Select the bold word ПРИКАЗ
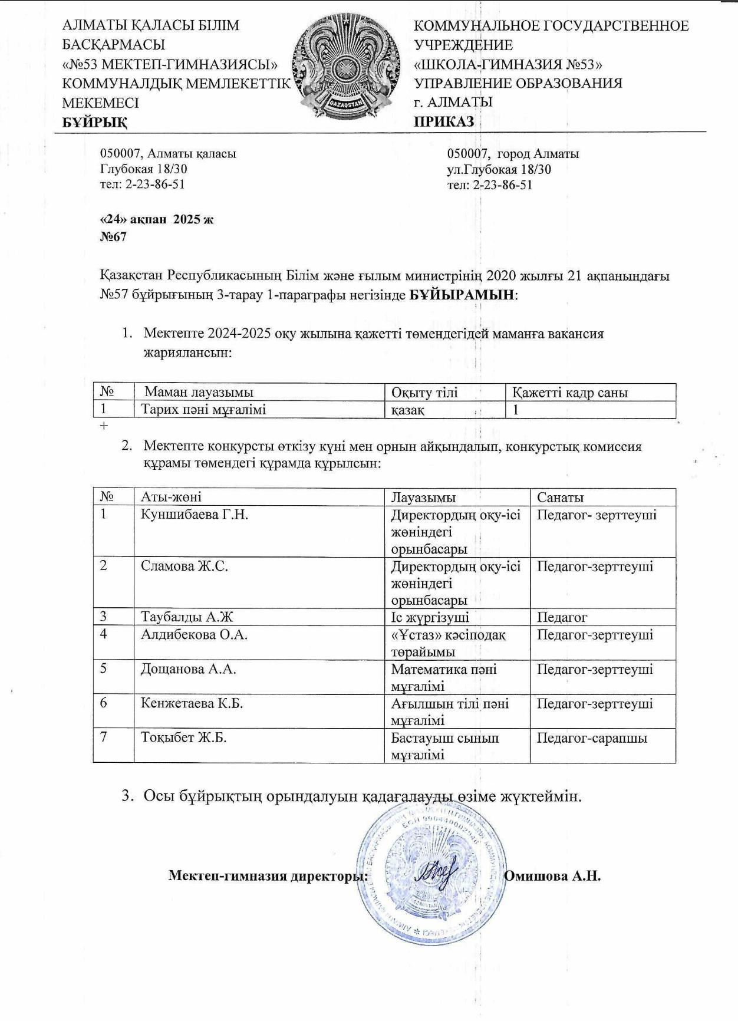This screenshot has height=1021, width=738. (x=444, y=122)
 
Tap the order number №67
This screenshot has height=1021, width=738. (x=113, y=237)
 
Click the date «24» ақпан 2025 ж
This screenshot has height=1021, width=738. (x=157, y=220)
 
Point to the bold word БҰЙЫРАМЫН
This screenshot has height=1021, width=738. (x=462, y=295)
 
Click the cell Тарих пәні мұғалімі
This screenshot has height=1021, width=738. (x=203, y=410)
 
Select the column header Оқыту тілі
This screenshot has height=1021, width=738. (x=424, y=393)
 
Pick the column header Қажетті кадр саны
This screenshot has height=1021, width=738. (x=569, y=393)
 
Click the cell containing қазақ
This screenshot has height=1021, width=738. (x=408, y=410)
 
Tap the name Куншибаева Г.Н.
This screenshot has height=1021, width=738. (x=195, y=515)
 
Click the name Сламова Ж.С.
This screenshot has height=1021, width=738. (x=185, y=567)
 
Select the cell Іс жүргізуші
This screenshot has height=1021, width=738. (x=430, y=617)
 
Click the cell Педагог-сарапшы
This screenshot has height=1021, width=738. (x=592, y=738)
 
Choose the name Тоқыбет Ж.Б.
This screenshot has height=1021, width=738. (x=184, y=738)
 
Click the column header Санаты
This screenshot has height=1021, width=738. (x=560, y=498)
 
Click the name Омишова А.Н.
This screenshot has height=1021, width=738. (x=553, y=875)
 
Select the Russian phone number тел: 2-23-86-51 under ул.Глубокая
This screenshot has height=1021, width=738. (x=490, y=185)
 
